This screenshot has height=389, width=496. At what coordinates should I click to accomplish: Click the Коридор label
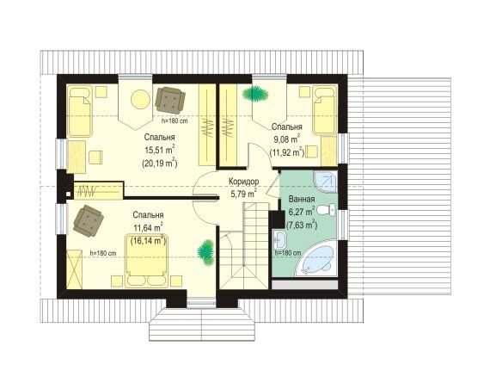[x=243, y=182]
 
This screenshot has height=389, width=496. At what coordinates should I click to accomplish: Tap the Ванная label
[x=302, y=200]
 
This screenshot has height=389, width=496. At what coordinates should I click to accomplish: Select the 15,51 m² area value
[x=160, y=150]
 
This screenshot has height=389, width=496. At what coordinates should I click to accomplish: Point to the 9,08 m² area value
[x=286, y=139]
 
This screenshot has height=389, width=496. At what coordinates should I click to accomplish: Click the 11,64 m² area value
[x=149, y=227]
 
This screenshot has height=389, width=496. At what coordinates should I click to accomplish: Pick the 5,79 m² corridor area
[x=243, y=194]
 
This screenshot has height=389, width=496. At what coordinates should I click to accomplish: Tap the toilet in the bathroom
[x=326, y=210]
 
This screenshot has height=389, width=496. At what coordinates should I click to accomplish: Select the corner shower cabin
[x=325, y=182]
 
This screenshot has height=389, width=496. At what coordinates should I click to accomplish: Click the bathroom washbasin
[x=279, y=240]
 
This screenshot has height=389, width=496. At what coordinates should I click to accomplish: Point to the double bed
[x=146, y=261]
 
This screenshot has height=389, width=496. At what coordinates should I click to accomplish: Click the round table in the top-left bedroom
[x=140, y=99]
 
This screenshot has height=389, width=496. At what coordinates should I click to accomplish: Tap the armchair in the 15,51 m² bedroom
[x=170, y=101]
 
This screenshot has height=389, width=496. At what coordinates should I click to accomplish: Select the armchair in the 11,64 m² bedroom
[x=89, y=220]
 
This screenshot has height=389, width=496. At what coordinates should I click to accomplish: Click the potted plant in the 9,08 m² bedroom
[x=255, y=94]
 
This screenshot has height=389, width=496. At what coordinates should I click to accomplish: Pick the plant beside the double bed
[x=206, y=252]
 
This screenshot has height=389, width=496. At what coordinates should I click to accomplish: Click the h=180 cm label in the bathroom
[x=288, y=253]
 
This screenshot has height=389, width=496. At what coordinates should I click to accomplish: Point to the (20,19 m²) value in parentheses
[x=159, y=164]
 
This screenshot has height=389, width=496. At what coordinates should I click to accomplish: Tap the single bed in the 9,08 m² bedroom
[x=323, y=110]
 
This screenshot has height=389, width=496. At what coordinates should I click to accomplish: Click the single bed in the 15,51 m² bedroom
[x=80, y=111]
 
